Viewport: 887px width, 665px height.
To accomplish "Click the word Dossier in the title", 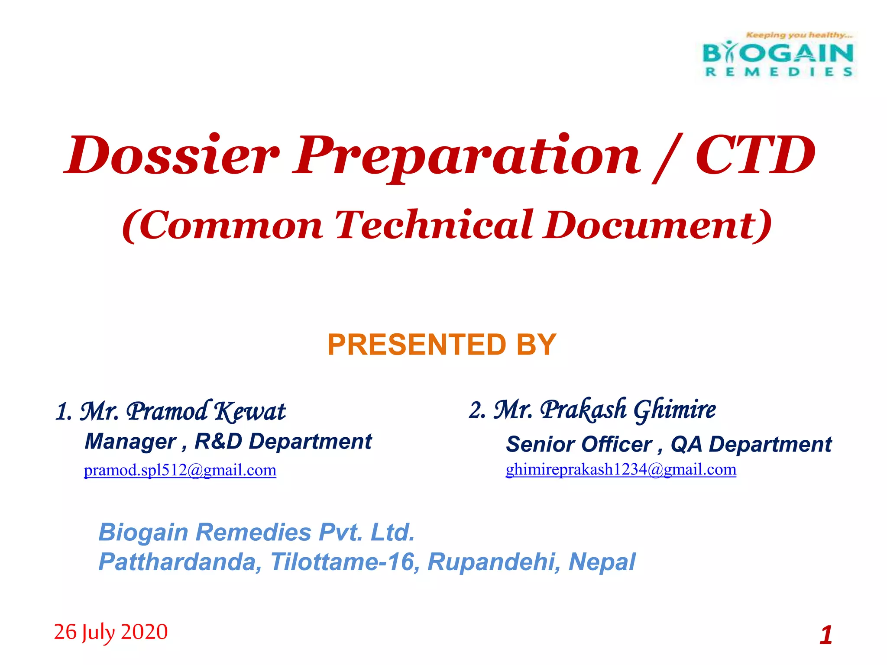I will (x=171, y=155).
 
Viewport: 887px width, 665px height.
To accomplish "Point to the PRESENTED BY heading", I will (x=441, y=345).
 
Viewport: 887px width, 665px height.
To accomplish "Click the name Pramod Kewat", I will (x=206, y=411).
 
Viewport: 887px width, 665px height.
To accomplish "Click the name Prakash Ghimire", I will (x=628, y=410).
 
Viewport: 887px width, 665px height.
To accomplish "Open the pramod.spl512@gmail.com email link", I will (x=180, y=470).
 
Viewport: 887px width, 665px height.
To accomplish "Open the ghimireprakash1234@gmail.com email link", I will (x=621, y=469).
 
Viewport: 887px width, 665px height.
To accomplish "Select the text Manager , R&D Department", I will (x=228, y=442).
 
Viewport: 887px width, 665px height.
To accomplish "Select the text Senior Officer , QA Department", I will (x=668, y=444).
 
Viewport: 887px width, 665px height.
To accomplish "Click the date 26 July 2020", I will (x=111, y=632).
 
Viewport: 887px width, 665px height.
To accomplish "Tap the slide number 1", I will (x=825, y=635).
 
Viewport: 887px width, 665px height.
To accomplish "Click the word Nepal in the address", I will (x=602, y=562).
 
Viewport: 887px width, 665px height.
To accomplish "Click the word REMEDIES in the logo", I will (x=779, y=72).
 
